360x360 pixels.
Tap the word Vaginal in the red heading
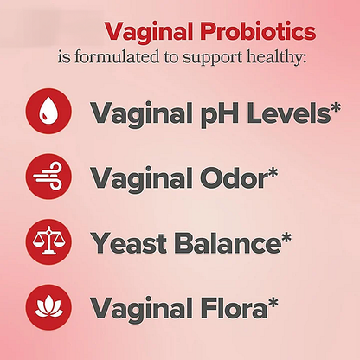[x=147, y=32]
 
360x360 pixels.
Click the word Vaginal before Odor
[x=134, y=177]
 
